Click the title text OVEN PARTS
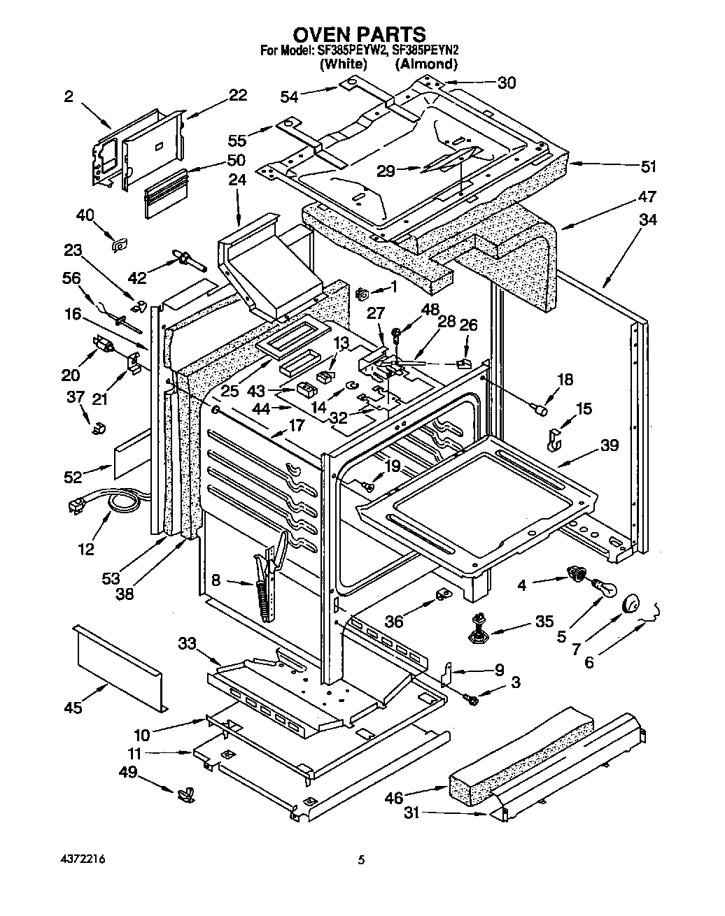[358, 34]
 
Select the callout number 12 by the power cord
[85, 549]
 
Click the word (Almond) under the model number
[426, 64]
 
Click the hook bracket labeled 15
[554, 436]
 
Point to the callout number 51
[649, 166]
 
